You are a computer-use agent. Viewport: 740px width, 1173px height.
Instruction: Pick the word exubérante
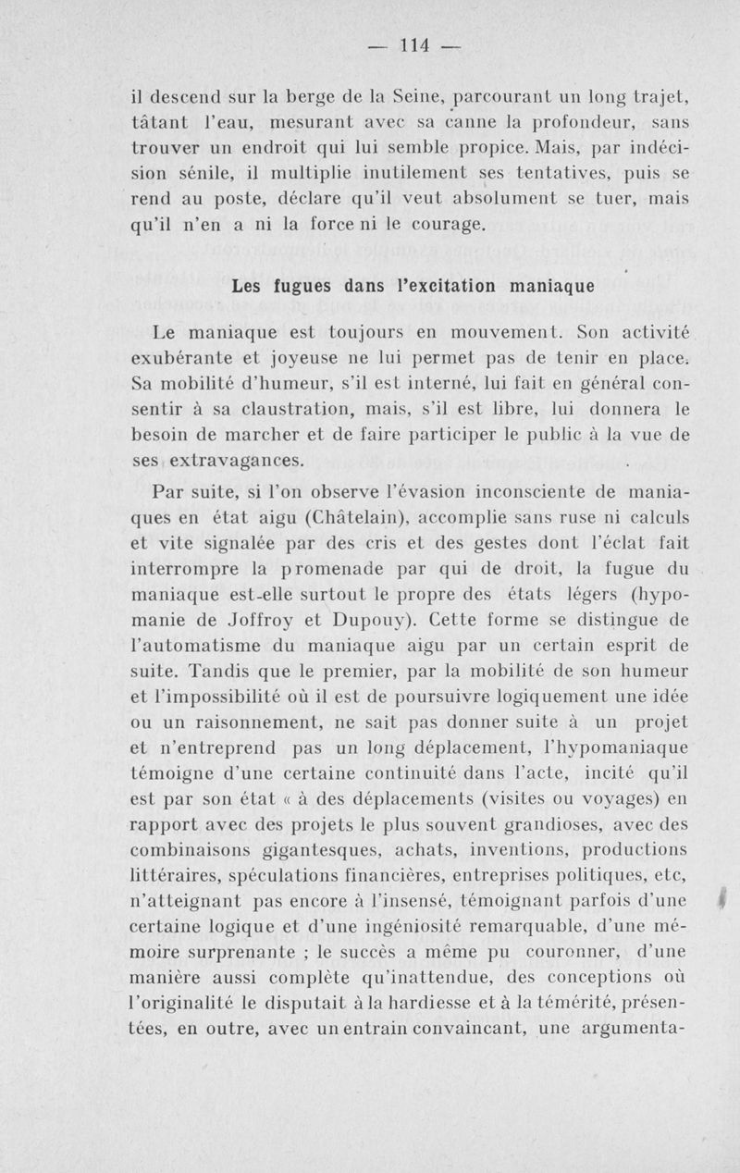point(193,356)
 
